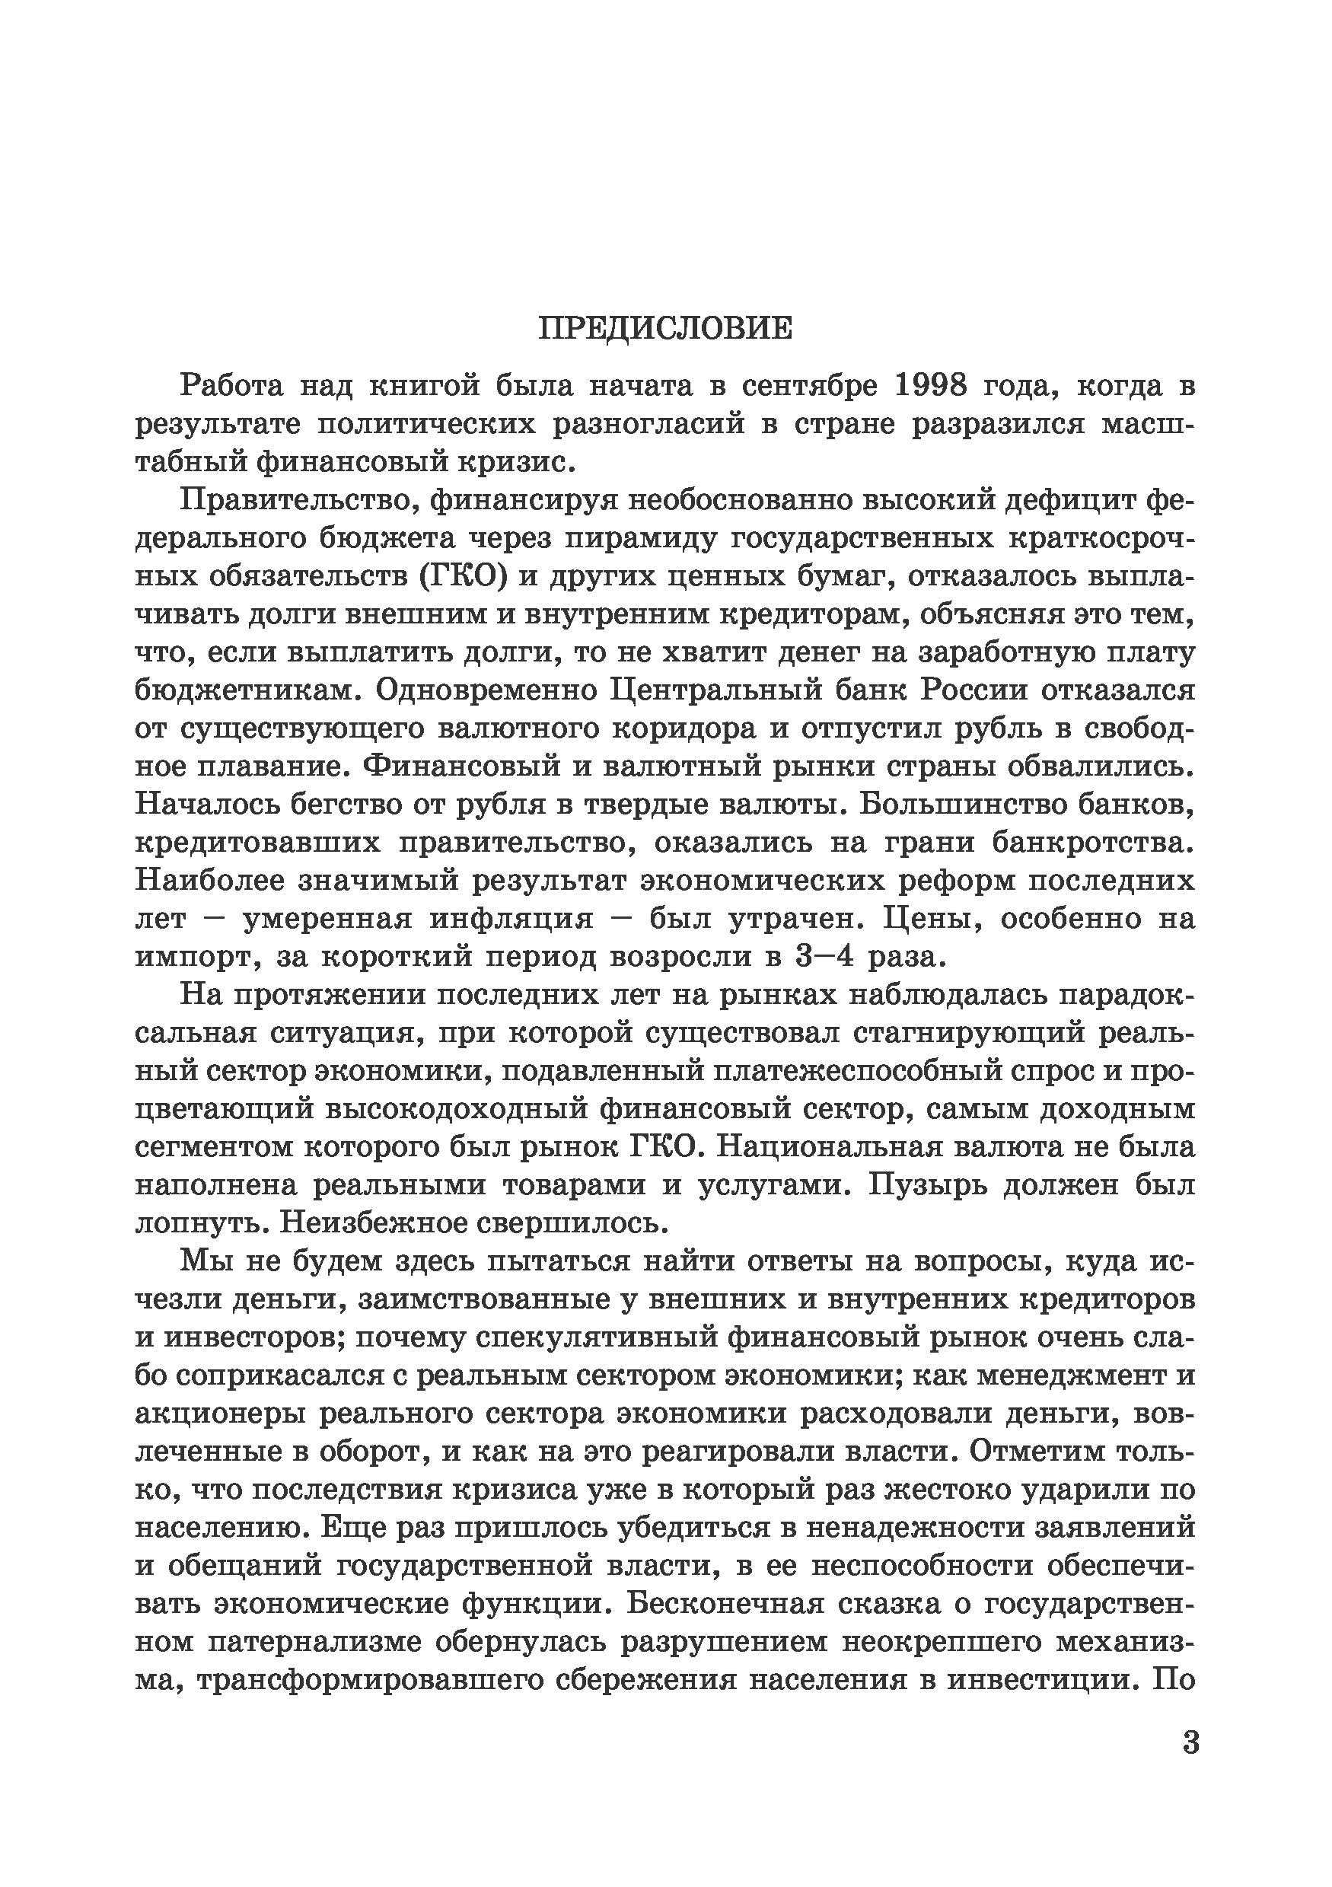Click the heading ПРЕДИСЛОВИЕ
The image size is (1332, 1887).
tap(665, 329)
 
